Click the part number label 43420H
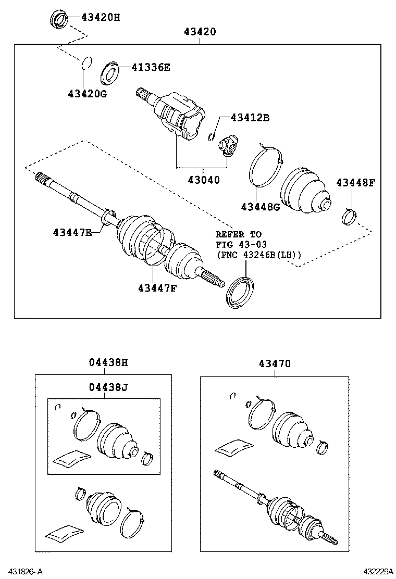100,17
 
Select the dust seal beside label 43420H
58,19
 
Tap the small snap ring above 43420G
87,62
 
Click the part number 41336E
151,68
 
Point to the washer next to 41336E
110,73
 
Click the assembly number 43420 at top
200,32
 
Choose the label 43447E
71,232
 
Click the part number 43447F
157,287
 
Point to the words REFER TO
239,234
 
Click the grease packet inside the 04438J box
71,457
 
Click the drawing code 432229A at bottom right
374,572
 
